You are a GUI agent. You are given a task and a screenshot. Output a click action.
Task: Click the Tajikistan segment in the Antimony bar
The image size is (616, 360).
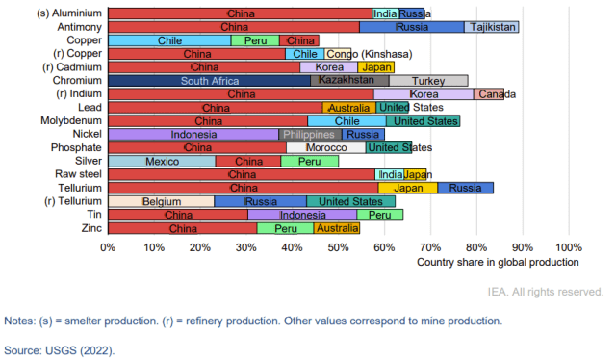[493, 28]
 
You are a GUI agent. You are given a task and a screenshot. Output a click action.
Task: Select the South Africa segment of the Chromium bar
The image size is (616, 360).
[209, 81]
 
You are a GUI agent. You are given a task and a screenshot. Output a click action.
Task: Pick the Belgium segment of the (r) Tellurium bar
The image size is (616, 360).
[162, 201]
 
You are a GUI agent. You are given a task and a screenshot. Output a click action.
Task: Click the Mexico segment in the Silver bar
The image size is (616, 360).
[162, 162]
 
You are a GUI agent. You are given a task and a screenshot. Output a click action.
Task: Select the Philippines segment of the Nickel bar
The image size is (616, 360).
[308, 135]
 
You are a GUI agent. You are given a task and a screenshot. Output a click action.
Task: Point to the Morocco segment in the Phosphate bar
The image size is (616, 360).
[326, 148]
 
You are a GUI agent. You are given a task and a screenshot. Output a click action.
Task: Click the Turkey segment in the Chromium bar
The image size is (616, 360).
[428, 81]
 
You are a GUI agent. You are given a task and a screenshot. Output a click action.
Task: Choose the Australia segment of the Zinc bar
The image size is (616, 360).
[337, 228]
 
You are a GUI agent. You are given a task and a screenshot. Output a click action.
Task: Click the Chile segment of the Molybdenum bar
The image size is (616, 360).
[346, 121]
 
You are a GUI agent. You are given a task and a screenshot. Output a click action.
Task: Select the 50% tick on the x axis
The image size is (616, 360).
[338, 246]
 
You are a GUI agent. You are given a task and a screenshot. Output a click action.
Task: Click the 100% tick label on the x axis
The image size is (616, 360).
[567, 246]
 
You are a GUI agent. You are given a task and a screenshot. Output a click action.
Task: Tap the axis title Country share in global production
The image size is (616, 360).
[498, 262]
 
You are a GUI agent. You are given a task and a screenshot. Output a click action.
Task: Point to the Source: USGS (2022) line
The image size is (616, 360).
[59, 350]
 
